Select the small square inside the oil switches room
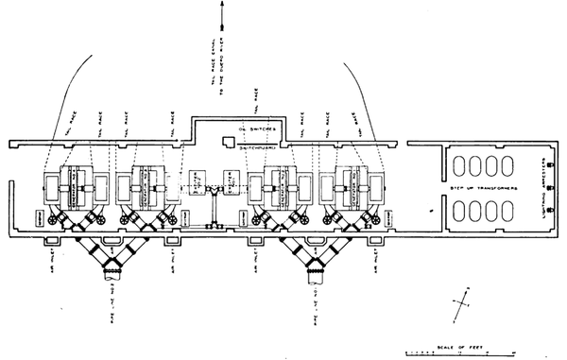(x=227, y=142)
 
